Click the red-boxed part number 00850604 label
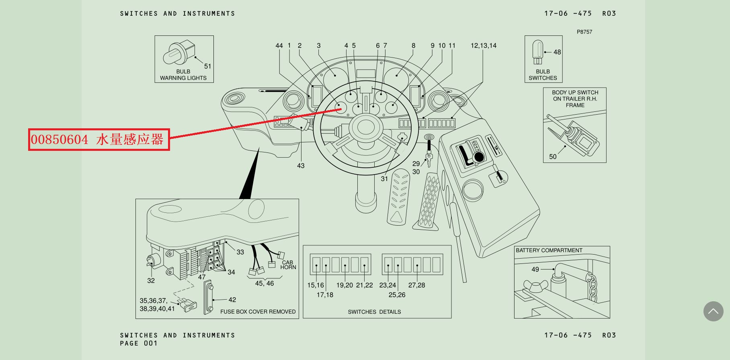click(x=98, y=140)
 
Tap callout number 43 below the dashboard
click(x=301, y=166)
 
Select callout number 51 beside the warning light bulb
click(x=207, y=66)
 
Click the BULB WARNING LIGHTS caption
click(x=183, y=75)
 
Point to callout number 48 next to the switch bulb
click(x=557, y=52)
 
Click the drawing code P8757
click(x=584, y=32)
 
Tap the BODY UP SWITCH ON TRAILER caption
click(x=575, y=99)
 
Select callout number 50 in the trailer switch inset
click(x=553, y=157)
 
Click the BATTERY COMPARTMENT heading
click(x=549, y=251)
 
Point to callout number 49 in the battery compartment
click(x=535, y=269)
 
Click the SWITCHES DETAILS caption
click(x=374, y=312)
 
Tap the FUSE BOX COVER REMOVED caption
click(x=258, y=312)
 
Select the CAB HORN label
click(x=288, y=265)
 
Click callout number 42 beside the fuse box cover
click(x=232, y=300)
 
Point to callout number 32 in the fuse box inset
click(x=151, y=281)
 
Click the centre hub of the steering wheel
click(x=366, y=128)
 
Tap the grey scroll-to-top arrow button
click(x=713, y=311)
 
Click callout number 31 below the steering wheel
click(x=384, y=179)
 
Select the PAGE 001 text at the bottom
click(x=138, y=344)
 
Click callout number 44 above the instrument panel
click(x=279, y=46)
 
